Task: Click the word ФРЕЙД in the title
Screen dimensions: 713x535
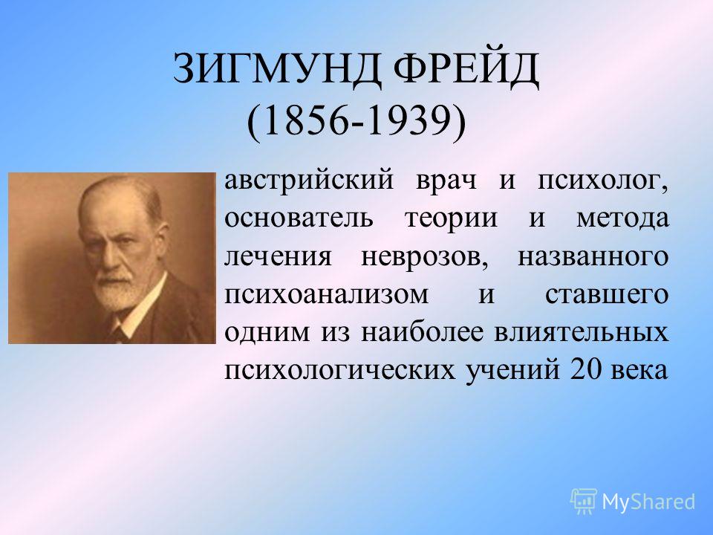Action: click(x=466, y=70)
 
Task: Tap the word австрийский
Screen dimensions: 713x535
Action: click(x=309, y=181)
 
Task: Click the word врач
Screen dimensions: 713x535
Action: click(x=446, y=181)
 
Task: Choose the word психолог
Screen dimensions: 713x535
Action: click(x=603, y=181)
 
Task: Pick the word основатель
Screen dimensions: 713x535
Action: click(x=299, y=218)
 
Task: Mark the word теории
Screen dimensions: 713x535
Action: click(x=451, y=219)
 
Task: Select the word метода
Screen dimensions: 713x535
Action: click(x=623, y=219)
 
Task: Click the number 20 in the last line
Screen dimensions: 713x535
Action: click(x=584, y=370)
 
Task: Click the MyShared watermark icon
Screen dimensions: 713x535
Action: click(x=584, y=501)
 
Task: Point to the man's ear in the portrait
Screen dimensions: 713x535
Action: click(x=159, y=236)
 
